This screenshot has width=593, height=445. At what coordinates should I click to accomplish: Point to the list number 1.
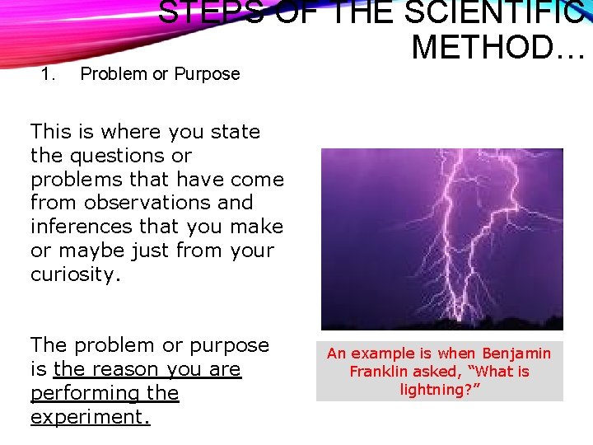[x=48, y=74]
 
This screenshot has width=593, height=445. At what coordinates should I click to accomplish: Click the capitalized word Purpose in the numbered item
[x=207, y=74]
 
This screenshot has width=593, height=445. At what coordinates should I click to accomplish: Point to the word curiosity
[x=75, y=274]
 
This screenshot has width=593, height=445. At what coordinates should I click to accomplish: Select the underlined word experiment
[x=90, y=417]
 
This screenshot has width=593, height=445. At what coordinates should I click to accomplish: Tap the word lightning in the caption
[x=433, y=390]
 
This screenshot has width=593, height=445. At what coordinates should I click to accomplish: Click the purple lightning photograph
[x=441, y=239]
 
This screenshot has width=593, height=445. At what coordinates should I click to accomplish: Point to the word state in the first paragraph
[x=236, y=132]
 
